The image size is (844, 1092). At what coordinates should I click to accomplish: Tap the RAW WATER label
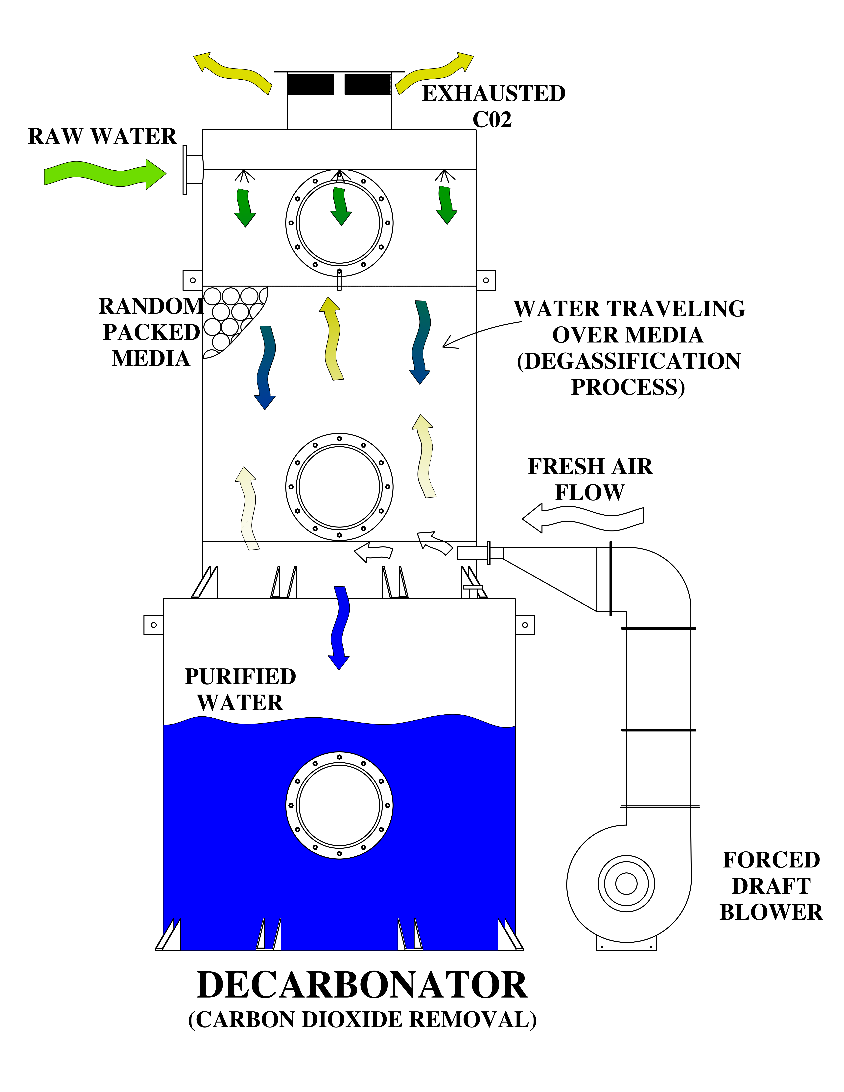(102, 136)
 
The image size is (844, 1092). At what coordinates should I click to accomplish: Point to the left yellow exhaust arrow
(233, 72)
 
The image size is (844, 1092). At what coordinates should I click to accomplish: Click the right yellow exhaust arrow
(434, 72)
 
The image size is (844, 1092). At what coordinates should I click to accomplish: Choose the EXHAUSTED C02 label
(493, 106)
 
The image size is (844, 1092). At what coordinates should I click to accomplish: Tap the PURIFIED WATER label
(240, 689)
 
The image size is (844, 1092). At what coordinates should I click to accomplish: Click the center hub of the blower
(626, 884)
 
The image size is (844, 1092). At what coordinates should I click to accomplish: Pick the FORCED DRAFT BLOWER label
(771, 886)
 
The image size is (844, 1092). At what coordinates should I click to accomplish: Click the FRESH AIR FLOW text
(590, 479)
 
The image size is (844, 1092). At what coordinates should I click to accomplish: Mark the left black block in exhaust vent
(310, 84)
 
